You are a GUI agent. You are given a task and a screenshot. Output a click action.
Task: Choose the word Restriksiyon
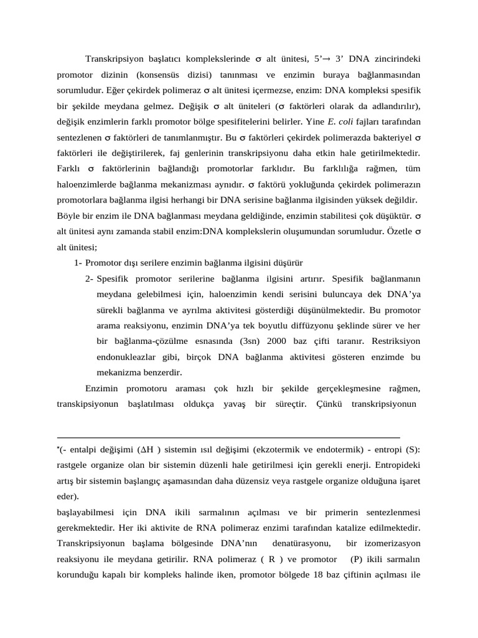point(396,341)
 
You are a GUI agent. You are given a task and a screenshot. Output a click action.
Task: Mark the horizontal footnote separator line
point(228,437)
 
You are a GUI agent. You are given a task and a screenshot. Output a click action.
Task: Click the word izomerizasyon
point(392,543)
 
